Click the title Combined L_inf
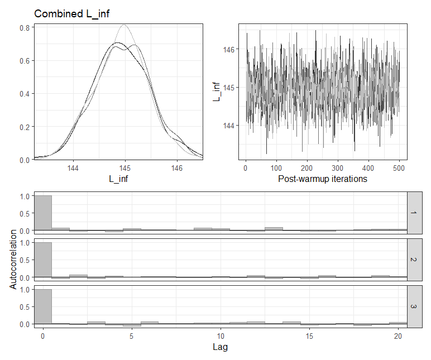70,14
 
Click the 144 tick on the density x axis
73,167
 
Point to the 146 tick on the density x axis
177,167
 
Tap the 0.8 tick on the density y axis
25,27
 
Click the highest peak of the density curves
124,25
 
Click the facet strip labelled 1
414,213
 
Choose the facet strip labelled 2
414,260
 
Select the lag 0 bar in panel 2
42,260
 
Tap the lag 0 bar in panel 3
42,306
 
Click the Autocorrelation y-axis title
13,260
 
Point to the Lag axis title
221,347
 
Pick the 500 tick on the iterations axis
399,167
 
